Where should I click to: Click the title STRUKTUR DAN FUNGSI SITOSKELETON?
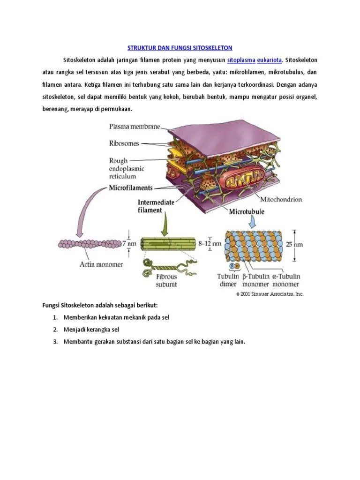coord(180,48)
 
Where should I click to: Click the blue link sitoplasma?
coord(241,60)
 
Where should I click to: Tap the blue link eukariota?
coord(270,60)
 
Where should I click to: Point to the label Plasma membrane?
coord(135,126)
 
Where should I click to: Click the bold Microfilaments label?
coord(131,187)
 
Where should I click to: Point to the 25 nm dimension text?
coord(307,244)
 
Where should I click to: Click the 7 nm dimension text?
coord(129,244)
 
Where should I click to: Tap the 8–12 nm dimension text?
coord(210,243)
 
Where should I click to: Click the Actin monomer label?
coord(101,264)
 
